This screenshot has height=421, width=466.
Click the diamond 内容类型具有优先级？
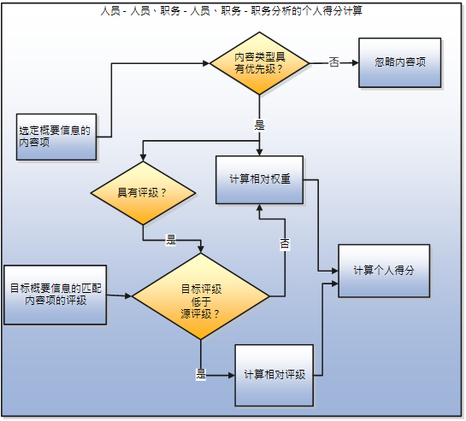click(x=258, y=63)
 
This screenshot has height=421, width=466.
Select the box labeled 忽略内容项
click(x=400, y=62)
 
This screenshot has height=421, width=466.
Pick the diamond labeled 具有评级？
click(x=143, y=193)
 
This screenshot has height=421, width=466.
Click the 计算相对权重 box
click(x=259, y=179)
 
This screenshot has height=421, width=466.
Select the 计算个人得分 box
click(x=384, y=270)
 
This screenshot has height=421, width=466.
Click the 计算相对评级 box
click(x=274, y=375)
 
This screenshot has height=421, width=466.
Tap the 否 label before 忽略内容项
click(x=334, y=63)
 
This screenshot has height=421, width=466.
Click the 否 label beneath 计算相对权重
click(x=285, y=244)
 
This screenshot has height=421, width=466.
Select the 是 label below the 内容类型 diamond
click(x=259, y=124)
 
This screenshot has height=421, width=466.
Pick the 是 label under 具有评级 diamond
click(x=171, y=240)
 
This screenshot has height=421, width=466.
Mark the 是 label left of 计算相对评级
click(x=202, y=374)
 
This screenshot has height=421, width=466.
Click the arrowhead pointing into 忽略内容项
click(x=354, y=63)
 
